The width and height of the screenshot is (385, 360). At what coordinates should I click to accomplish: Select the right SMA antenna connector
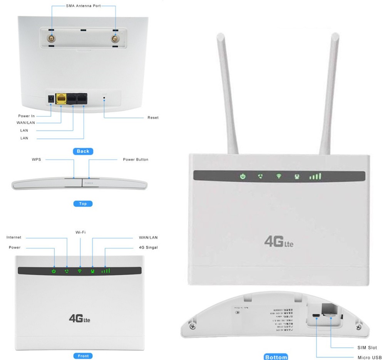(114, 39)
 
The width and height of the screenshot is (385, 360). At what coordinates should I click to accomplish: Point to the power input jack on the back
(50, 99)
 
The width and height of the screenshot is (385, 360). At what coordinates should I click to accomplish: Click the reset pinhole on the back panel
(104, 99)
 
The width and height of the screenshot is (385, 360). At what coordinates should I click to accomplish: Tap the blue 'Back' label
(83, 151)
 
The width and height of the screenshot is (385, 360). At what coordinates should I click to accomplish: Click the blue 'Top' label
(83, 204)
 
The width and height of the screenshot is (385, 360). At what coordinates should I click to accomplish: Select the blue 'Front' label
(83, 356)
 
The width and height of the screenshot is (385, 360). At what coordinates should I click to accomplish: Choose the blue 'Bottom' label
(276, 357)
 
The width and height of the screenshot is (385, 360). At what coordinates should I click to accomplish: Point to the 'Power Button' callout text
(136, 159)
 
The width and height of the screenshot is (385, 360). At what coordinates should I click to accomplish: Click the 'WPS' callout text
(37, 159)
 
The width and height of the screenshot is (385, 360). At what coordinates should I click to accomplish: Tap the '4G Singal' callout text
(148, 247)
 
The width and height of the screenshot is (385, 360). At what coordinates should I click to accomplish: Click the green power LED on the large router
(243, 177)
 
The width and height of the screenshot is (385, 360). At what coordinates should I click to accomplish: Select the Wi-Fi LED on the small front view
(80, 271)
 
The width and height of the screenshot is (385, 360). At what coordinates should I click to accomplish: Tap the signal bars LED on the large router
(315, 177)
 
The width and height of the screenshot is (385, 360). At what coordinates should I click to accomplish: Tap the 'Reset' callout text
(153, 117)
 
